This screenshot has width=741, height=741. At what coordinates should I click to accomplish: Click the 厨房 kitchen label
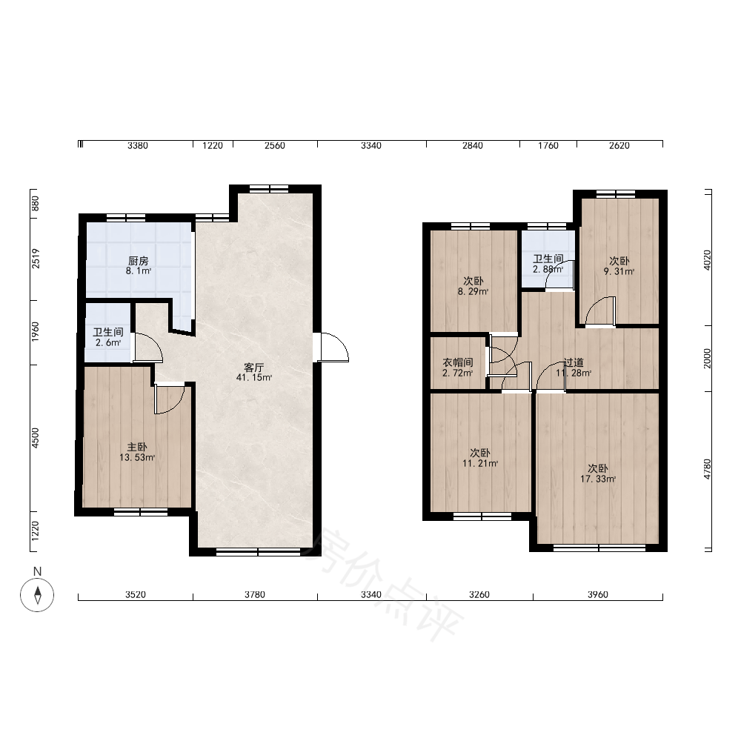(x=138, y=261)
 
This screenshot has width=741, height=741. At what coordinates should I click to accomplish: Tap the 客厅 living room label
(x=253, y=368)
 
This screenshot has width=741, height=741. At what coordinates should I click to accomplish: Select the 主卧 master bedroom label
(x=137, y=447)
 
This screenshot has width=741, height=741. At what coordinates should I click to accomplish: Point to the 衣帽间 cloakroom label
(x=458, y=362)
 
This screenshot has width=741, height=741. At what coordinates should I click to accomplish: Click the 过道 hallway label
(x=574, y=362)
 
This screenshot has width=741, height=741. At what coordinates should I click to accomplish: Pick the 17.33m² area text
(x=598, y=479)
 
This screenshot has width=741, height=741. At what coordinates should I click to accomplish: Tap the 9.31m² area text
(x=619, y=271)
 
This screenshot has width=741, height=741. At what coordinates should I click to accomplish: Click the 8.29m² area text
(x=473, y=291)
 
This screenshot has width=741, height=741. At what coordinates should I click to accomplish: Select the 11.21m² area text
(x=480, y=463)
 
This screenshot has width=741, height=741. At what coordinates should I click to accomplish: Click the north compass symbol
(x=37, y=594)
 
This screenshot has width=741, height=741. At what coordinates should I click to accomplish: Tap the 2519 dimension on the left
(x=36, y=259)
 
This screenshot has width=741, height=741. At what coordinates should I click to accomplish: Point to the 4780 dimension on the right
(x=707, y=469)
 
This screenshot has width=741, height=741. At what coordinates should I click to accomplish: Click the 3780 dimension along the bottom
(x=255, y=594)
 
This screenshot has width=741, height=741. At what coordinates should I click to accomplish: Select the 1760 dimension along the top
(x=548, y=145)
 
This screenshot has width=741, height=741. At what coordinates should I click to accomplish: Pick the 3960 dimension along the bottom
(x=598, y=594)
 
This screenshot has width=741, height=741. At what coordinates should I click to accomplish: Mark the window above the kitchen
(x=126, y=218)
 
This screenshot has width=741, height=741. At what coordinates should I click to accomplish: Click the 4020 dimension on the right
(x=707, y=260)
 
